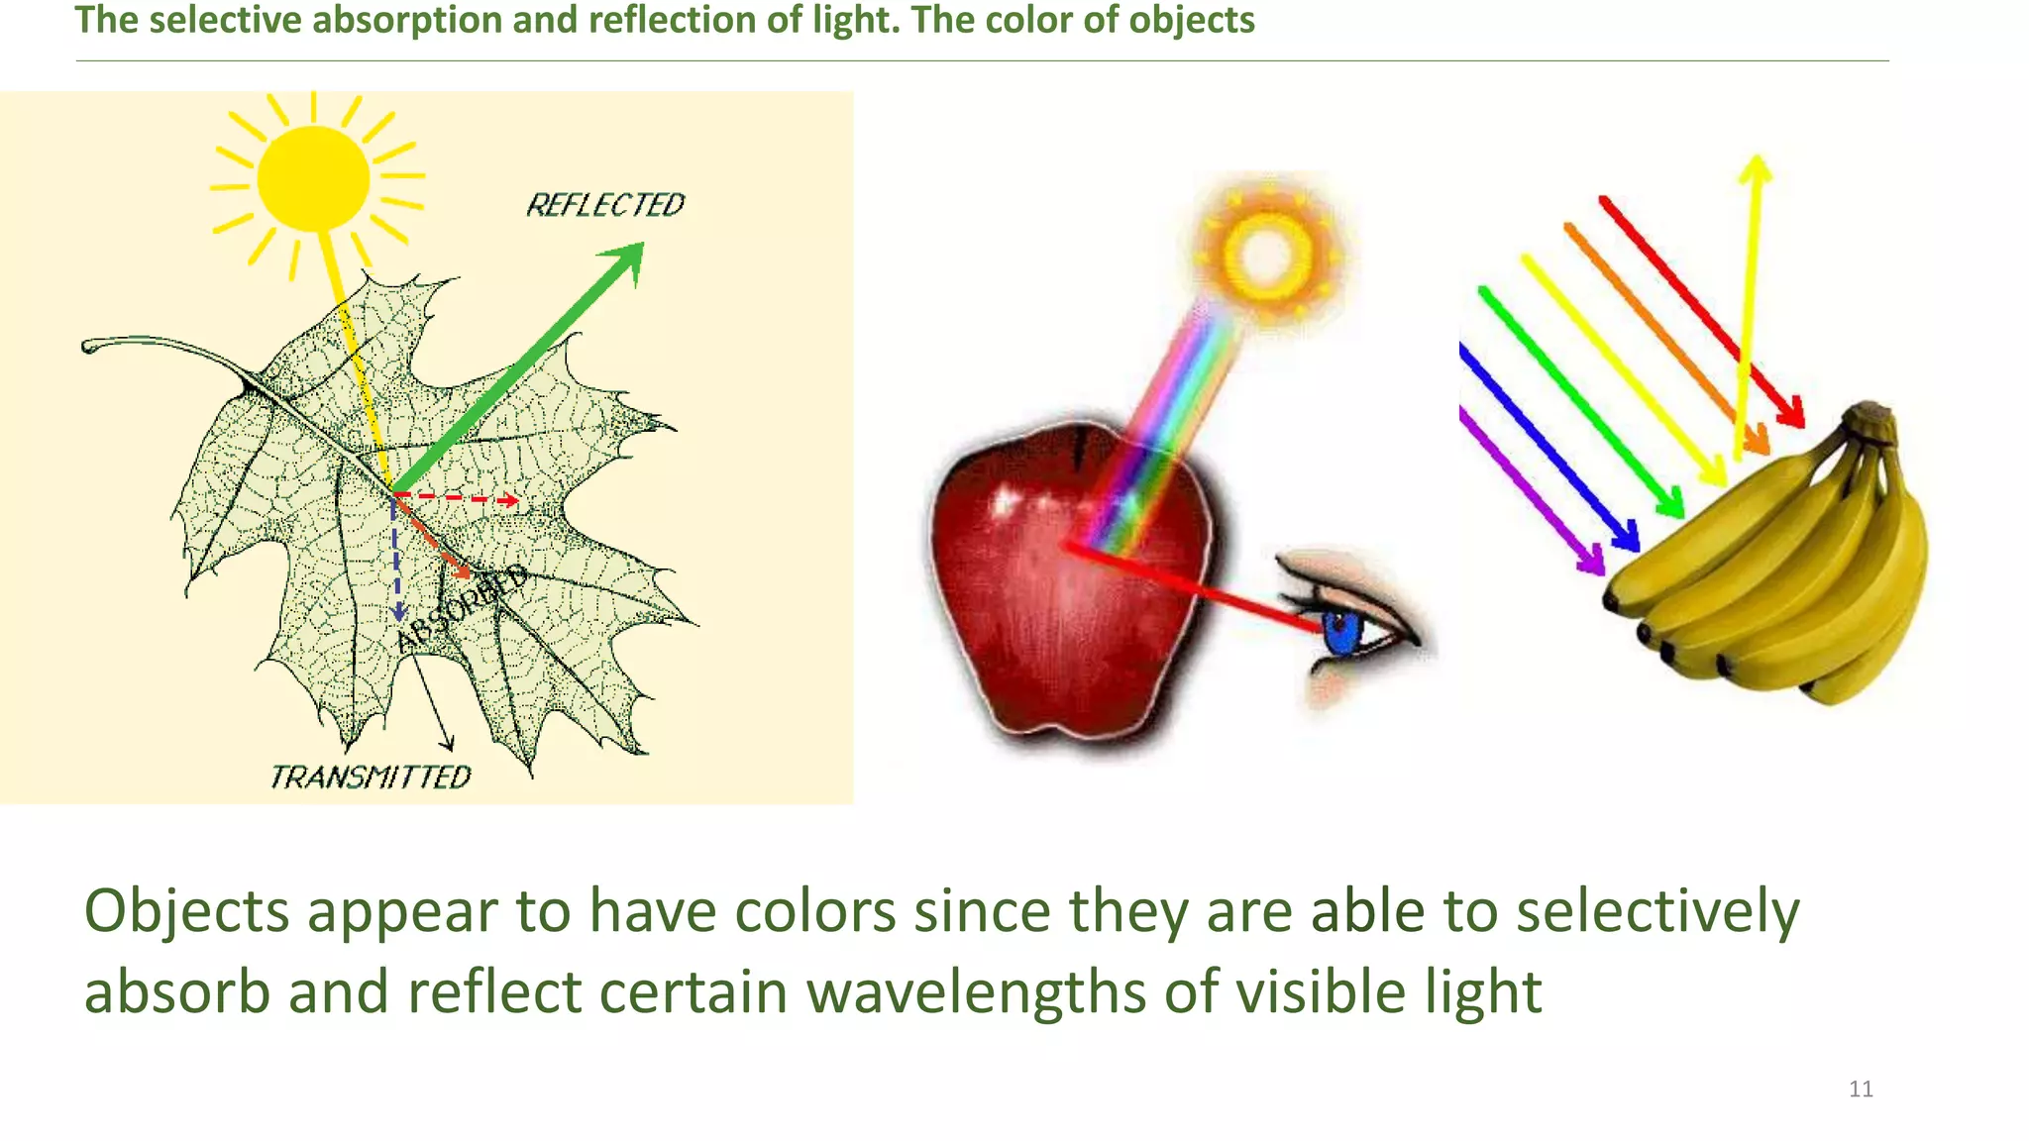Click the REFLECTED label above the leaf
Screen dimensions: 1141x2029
(604, 205)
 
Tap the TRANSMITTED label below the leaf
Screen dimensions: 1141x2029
(371, 778)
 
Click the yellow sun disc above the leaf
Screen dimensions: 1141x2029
(313, 178)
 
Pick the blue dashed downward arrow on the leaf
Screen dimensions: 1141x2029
(396, 560)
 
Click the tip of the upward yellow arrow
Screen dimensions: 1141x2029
(1756, 162)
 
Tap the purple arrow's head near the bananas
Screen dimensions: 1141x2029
(1593, 562)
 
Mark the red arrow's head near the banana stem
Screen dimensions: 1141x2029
(1791, 413)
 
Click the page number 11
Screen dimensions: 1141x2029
(1861, 1089)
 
